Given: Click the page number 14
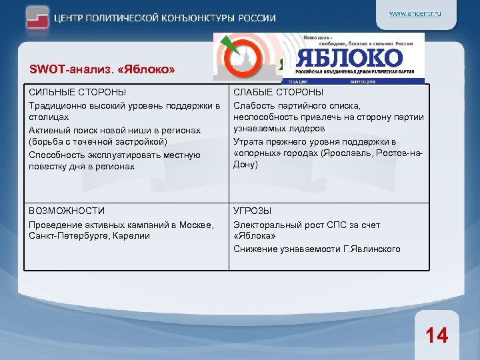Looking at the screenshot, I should [x=437, y=335].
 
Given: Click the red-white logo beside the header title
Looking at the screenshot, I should [x=39, y=18].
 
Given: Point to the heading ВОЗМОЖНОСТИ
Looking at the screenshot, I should [x=67, y=211].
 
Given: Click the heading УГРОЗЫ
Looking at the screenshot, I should [x=252, y=211].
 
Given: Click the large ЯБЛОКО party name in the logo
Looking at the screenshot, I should [x=349, y=57].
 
